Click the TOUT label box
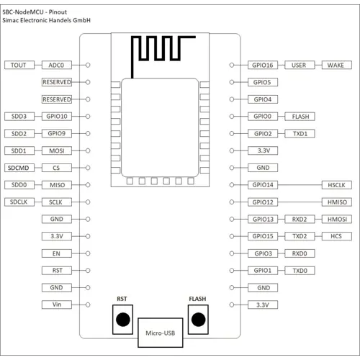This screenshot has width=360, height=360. tap(19, 65)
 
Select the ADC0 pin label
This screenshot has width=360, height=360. tap(57, 65)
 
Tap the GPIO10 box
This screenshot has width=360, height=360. tap(57, 117)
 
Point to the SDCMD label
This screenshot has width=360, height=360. tap(19, 168)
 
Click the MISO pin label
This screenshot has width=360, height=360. tap(57, 185)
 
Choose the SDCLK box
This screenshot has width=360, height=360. tap(19, 202)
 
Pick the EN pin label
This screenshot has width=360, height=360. tap(57, 253)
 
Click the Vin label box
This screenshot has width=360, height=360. tap(57, 305)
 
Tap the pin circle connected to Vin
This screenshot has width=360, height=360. tap(88, 305)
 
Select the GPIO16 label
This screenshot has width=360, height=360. tap(263, 65)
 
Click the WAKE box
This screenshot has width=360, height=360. tap(337, 65)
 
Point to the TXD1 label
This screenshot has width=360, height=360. tap(300, 133)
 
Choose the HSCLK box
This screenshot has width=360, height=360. tap(337, 185)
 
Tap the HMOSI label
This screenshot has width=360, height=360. tap(337, 219)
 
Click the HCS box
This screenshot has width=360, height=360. tap(337, 236)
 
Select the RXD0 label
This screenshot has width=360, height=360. tap(300, 253)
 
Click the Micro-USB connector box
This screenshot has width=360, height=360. tap(161, 333)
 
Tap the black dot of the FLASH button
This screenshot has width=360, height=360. tap(199, 320)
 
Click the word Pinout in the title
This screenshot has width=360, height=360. tap(58, 12)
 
